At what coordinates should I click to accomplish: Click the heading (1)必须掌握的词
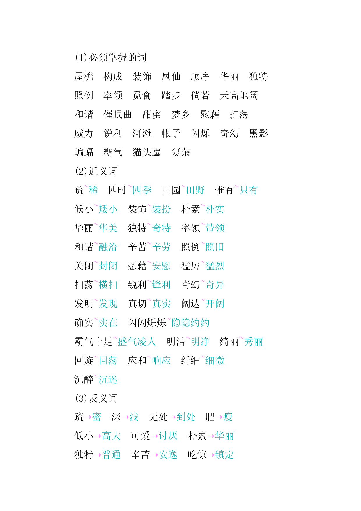[x=111, y=58]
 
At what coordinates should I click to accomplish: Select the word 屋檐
[x=84, y=77]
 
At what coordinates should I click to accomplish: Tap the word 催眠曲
[x=117, y=114]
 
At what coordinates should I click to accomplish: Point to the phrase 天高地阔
[x=239, y=96]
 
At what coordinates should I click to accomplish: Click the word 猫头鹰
[x=146, y=152]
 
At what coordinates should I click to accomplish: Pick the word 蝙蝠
[x=84, y=152]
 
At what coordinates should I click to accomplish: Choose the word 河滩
[x=142, y=133]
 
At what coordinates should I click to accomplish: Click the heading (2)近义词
[x=96, y=171]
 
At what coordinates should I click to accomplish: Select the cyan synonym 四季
[x=142, y=190]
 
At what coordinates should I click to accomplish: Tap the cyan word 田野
[x=196, y=190]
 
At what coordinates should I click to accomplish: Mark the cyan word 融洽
[x=108, y=247]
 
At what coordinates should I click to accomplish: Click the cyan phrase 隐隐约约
[x=190, y=323]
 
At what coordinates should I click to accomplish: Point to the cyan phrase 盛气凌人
[x=137, y=342]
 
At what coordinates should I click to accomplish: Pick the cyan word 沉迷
[x=108, y=380]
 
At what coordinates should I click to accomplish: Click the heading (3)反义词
[x=96, y=399]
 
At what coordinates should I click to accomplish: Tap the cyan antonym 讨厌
[x=168, y=436]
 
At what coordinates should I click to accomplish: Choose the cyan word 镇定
[x=224, y=455]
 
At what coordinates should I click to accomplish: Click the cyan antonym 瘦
[x=228, y=417]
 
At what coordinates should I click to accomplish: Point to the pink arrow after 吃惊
[x=211, y=455]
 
